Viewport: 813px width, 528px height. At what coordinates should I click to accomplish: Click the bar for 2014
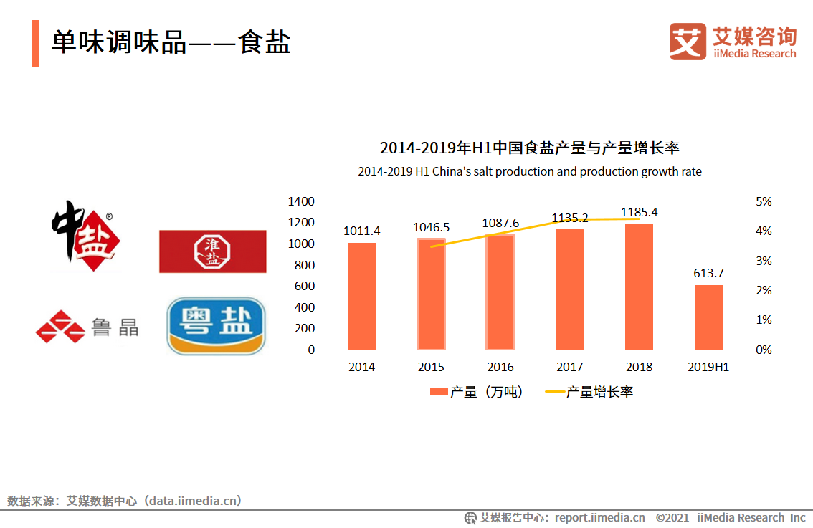click(x=361, y=296)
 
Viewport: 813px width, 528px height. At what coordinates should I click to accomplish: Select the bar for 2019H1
click(x=708, y=317)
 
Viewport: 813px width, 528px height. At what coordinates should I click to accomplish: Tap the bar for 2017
click(x=569, y=289)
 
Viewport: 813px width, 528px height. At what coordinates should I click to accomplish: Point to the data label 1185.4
click(x=639, y=212)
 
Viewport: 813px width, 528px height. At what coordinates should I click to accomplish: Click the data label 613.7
click(x=708, y=273)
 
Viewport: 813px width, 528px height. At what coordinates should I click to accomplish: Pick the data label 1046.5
click(x=431, y=227)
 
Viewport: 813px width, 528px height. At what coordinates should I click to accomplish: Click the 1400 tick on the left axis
click(x=301, y=201)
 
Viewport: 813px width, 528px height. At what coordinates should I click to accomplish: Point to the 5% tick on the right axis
click(x=764, y=202)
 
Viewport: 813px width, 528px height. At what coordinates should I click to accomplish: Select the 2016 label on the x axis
click(x=500, y=367)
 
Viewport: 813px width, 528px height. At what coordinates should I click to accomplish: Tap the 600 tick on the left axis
click(x=305, y=286)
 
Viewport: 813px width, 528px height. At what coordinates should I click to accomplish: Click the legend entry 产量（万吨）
click(x=477, y=392)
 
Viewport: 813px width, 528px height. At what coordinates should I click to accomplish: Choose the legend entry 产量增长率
click(x=589, y=392)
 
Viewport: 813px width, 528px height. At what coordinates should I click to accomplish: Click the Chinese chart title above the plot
click(x=529, y=148)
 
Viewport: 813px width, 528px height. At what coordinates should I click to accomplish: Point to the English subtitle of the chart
click(x=529, y=172)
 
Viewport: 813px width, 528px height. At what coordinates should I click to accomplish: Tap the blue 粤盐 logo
click(x=216, y=326)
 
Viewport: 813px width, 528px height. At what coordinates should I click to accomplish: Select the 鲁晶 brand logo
click(x=87, y=327)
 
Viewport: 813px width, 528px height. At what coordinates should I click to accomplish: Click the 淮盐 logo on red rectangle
click(x=212, y=251)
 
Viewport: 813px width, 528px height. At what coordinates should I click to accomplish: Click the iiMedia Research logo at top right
click(x=732, y=42)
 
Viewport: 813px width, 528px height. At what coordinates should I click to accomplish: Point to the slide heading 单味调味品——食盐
click(x=171, y=42)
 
